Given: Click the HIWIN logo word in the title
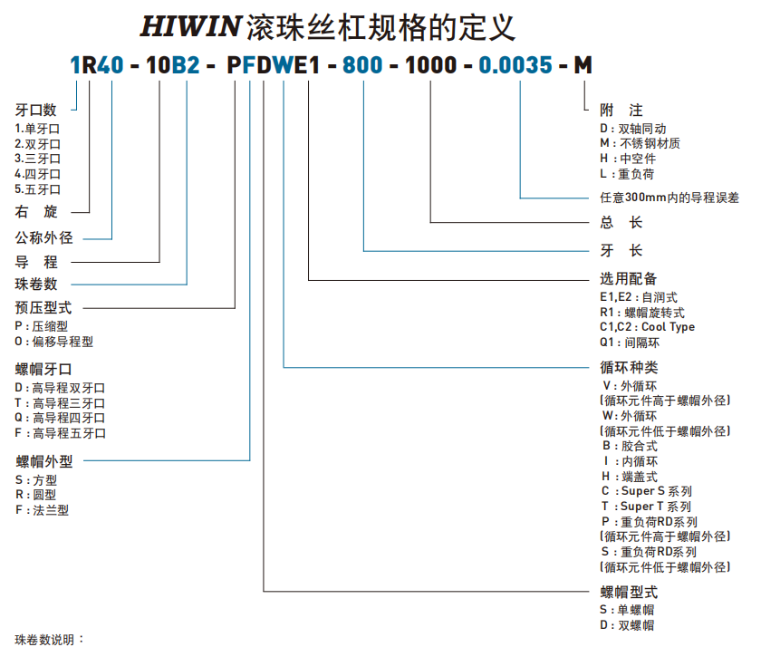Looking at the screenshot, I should [189, 26].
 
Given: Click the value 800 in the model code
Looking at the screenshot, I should [363, 65].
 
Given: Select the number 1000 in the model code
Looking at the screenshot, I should [429, 65].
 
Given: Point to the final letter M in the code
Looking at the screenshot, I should [583, 65].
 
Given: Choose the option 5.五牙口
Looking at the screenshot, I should [38, 189].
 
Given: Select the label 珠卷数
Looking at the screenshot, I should [36, 284].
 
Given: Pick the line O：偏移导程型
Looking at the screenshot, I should [54, 342].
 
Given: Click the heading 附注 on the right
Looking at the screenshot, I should [621, 110].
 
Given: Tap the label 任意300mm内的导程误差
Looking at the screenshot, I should [669, 197].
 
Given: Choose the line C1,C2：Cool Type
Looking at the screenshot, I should [647, 326].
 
